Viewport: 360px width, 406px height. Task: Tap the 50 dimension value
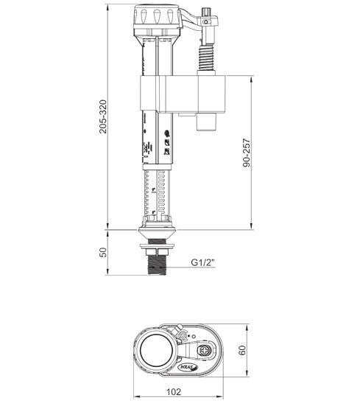[x=104, y=252]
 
